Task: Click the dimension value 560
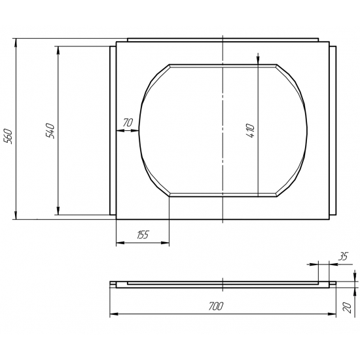[x=9, y=136]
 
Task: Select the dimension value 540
[x=50, y=131]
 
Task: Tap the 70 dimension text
[x=128, y=122]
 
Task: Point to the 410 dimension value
[x=250, y=131]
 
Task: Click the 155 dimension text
[x=143, y=234]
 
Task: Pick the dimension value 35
[x=343, y=256]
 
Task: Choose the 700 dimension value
[x=216, y=306]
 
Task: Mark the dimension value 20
[x=347, y=308]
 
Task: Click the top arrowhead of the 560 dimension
[x=16, y=43]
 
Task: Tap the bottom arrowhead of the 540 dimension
[x=58, y=211]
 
